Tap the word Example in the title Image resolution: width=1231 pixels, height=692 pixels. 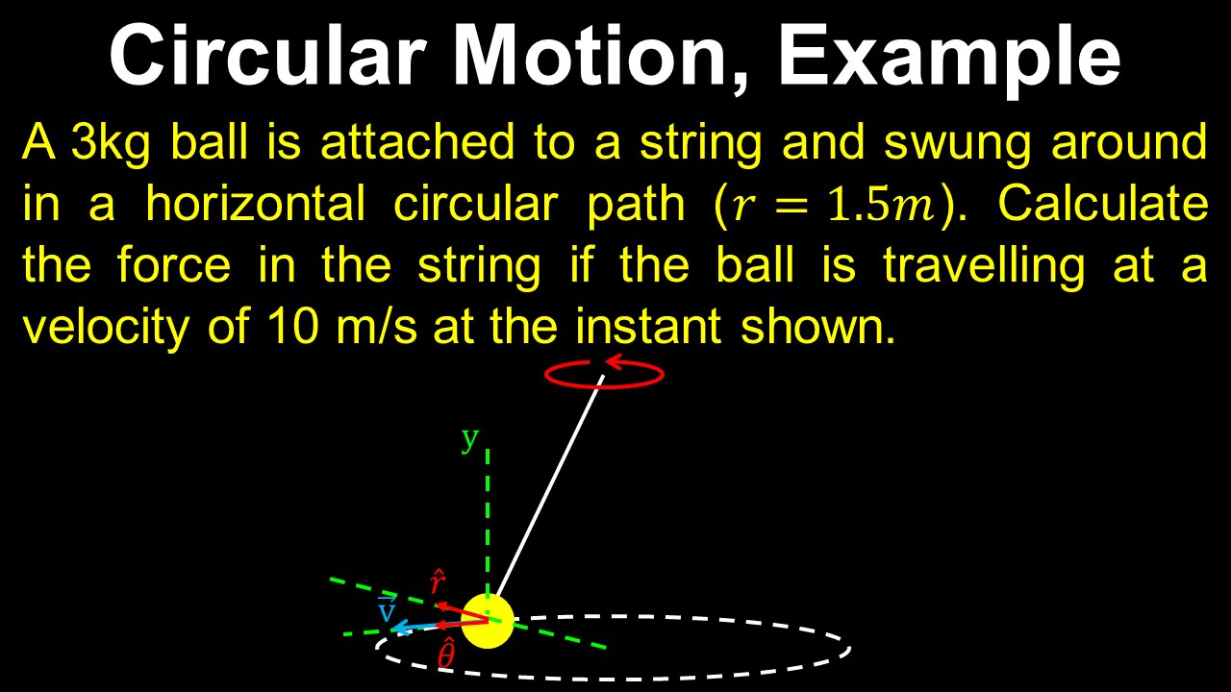click(948, 56)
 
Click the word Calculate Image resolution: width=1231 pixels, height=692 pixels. click(1103, 204)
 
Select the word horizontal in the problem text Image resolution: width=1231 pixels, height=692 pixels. click(255, 204)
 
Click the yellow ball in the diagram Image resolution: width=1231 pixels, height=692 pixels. click(488, 621)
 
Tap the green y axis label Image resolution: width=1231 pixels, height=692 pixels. click(469, 439)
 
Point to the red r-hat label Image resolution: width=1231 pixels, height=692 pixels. click(437, 581)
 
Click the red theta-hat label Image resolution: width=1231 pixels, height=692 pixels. click(446, 655)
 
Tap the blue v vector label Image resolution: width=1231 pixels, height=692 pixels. click(388, 608)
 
